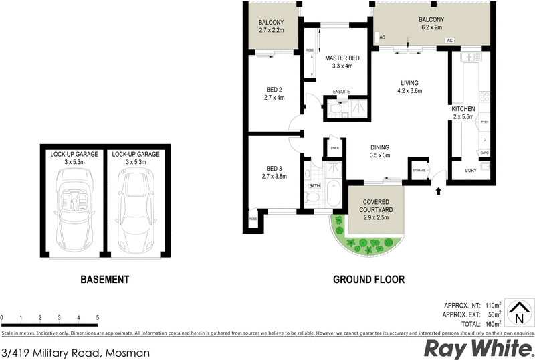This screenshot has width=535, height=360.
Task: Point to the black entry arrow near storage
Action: tap(439, 192)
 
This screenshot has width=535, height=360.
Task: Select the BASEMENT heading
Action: tap(104, 280)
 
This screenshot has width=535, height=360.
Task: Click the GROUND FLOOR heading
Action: tap(368, 280)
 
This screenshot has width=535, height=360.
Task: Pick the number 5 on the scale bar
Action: tap(98, 318)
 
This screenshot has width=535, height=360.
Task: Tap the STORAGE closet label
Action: tap(419, 171)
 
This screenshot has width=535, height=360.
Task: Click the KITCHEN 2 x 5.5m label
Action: tap(463, 113)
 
